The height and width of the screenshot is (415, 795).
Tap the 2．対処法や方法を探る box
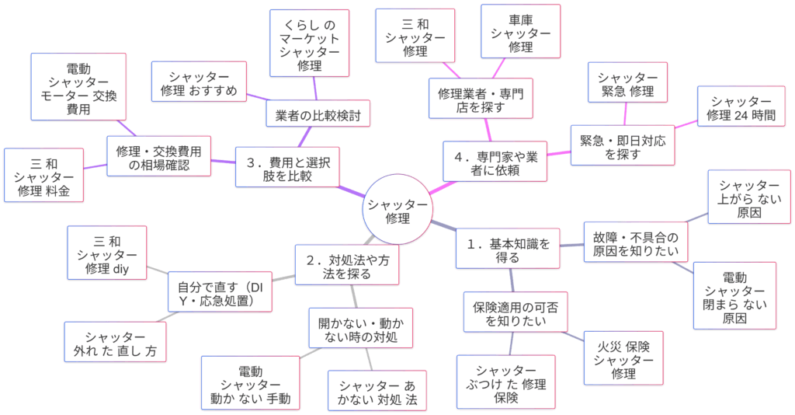pos(348,266)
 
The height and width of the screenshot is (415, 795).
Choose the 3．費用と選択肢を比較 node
pos(287,169)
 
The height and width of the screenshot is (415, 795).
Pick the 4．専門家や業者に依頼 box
pos(495,162)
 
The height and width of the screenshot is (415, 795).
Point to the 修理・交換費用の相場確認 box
pos(158,156)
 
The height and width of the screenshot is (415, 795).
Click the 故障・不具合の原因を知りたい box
pos(635,243)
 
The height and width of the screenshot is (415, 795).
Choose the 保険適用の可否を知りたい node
pos(516,312)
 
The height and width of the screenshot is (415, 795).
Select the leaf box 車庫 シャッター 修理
pos(520,32)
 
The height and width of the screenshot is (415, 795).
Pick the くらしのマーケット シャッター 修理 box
pos(309,44)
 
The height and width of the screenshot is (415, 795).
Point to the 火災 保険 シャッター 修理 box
pos(623,359)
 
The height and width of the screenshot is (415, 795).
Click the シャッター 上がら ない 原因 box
pos(749,197)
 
